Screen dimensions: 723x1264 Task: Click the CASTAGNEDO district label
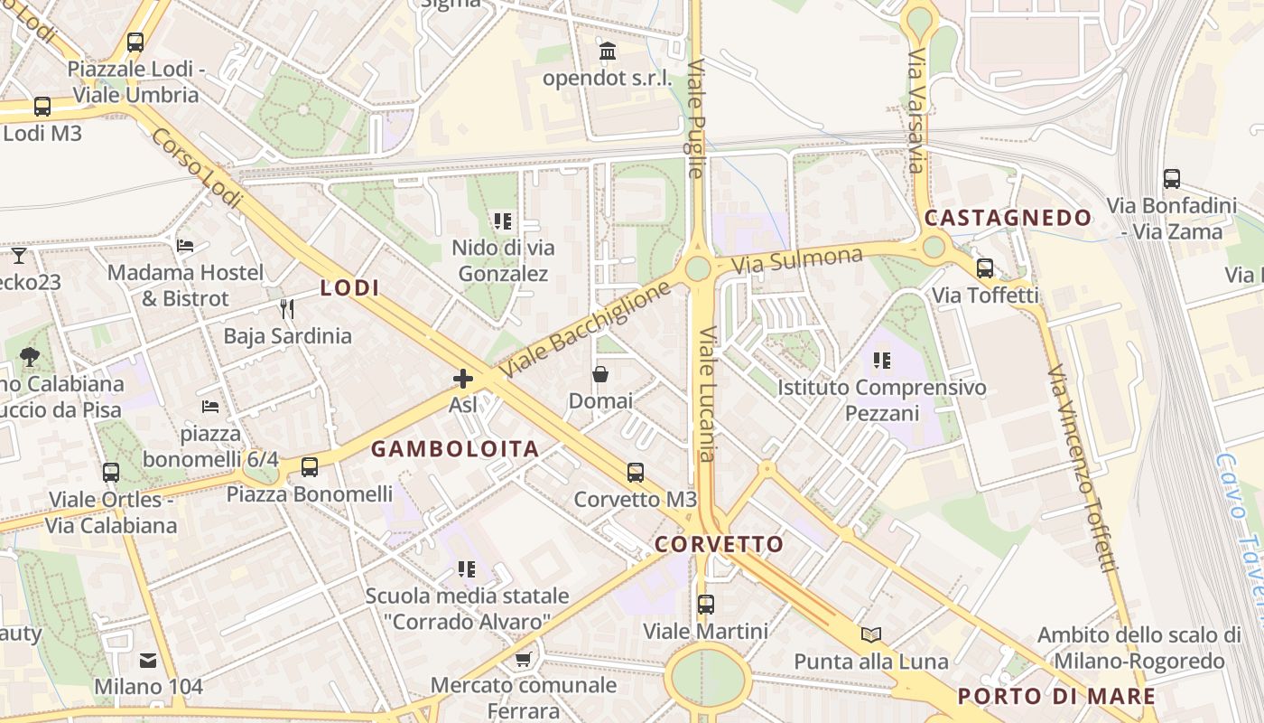(x=1008, y=218)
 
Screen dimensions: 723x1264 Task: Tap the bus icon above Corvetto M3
(x=636, y=472)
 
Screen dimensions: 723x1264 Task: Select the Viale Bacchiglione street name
(x=586, y=329)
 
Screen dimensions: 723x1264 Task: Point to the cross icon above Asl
(x=463, y=378)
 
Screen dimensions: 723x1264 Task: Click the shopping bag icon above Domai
(x=600, y=374)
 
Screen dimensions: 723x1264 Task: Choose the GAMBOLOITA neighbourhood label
(x=455, y=448)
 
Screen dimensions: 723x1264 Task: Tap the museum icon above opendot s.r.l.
(x=608, y=51)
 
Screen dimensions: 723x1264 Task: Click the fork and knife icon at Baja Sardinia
(x=287, y=309)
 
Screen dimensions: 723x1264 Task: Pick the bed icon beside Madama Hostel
(x=185, y=246)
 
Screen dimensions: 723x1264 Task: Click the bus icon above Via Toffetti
(x=985, y=268)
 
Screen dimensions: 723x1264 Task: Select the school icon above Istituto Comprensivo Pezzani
(x=882, y=361)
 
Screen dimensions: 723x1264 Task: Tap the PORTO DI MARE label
(x=1056, y=696)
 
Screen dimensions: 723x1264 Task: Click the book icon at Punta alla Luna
(x=871, y=634)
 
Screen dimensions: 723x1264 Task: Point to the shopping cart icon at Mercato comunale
(x=523, y=659)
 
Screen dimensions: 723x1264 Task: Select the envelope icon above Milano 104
(x=148, y=662)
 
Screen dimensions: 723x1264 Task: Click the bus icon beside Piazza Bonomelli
(x=310, y=467)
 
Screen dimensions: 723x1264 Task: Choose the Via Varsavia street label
(x=917, y=111)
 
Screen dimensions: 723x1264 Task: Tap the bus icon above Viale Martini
(x=706, y=605)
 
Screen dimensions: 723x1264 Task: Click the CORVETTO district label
(x=719, y=544)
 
